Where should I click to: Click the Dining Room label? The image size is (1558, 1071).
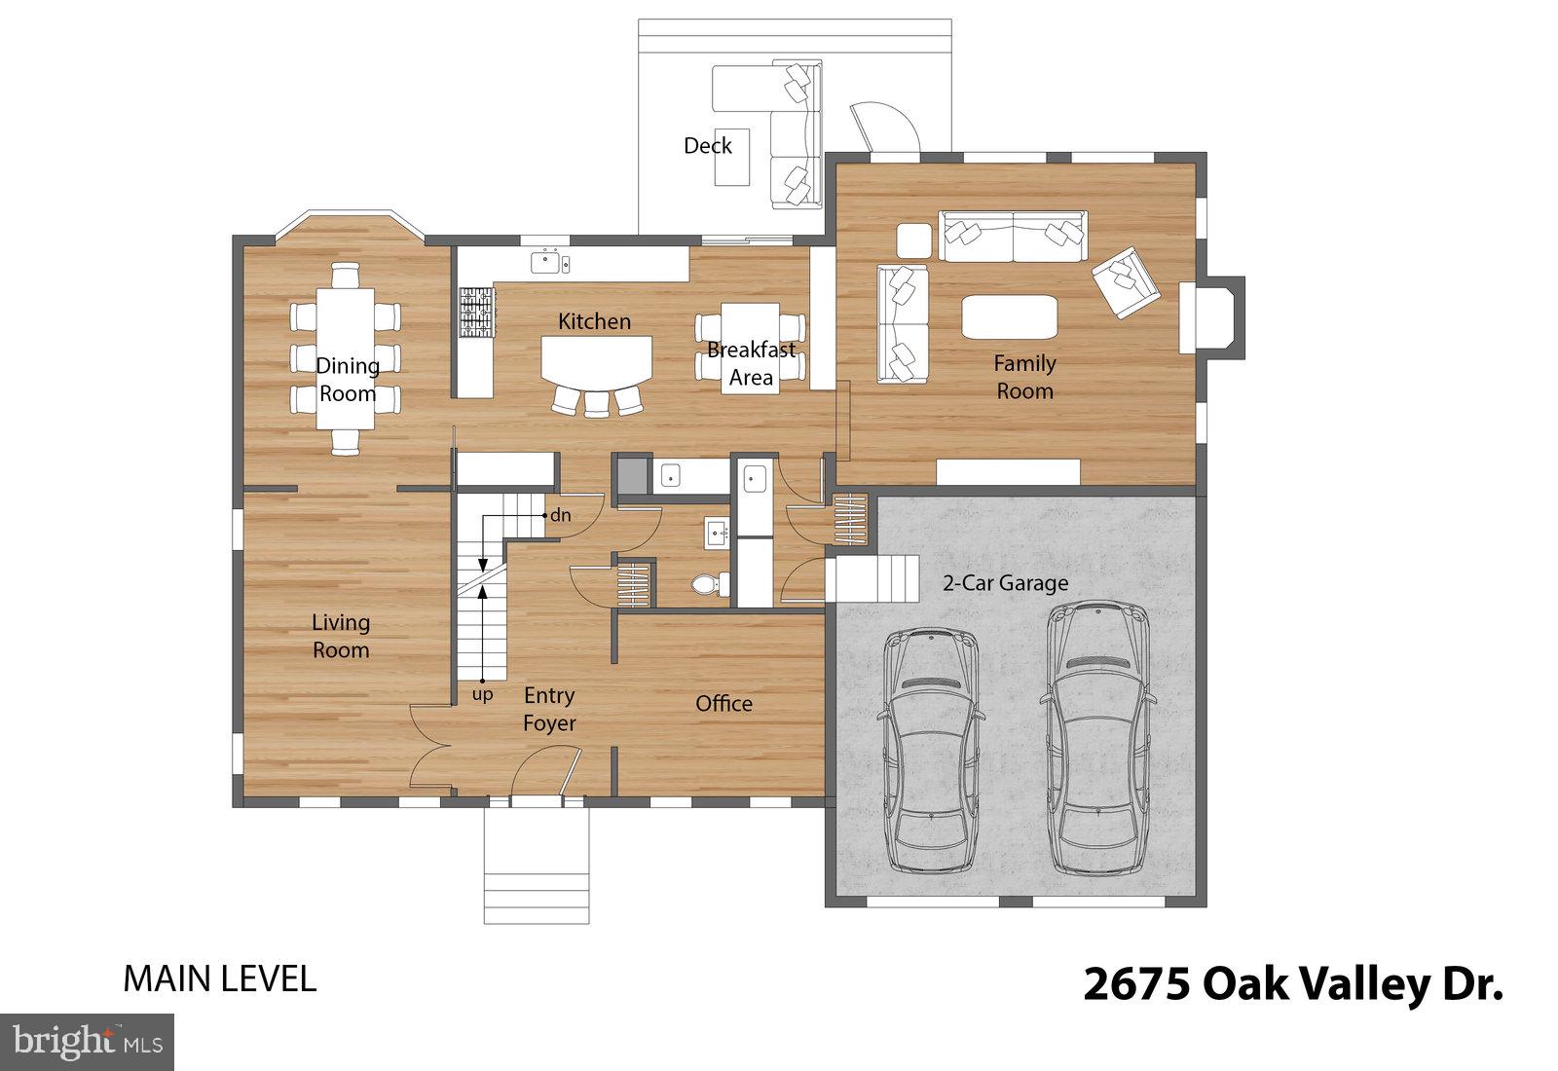coord(347,379)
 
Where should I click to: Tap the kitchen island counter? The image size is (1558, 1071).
coord(596,359)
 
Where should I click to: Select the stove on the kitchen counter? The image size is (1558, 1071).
coord(477,312)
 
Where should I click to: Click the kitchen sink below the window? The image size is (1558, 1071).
coord(549,262)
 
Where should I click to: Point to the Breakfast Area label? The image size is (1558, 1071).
coord(751,363)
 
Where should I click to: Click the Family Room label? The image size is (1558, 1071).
coord(1023,377)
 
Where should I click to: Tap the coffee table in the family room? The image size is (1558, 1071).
coord(1009,316)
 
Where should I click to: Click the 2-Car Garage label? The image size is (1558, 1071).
coord(1005,583)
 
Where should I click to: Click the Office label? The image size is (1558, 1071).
coord(723,703)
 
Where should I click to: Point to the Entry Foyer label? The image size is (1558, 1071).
coord(549,709)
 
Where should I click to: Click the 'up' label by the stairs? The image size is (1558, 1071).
coord(482,695)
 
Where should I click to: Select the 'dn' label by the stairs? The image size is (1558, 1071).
coord(560,515)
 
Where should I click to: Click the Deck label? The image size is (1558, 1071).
coord(707,146)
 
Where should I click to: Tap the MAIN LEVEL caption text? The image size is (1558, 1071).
coord(219,979)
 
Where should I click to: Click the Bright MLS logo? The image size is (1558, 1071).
coord(88,1043)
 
